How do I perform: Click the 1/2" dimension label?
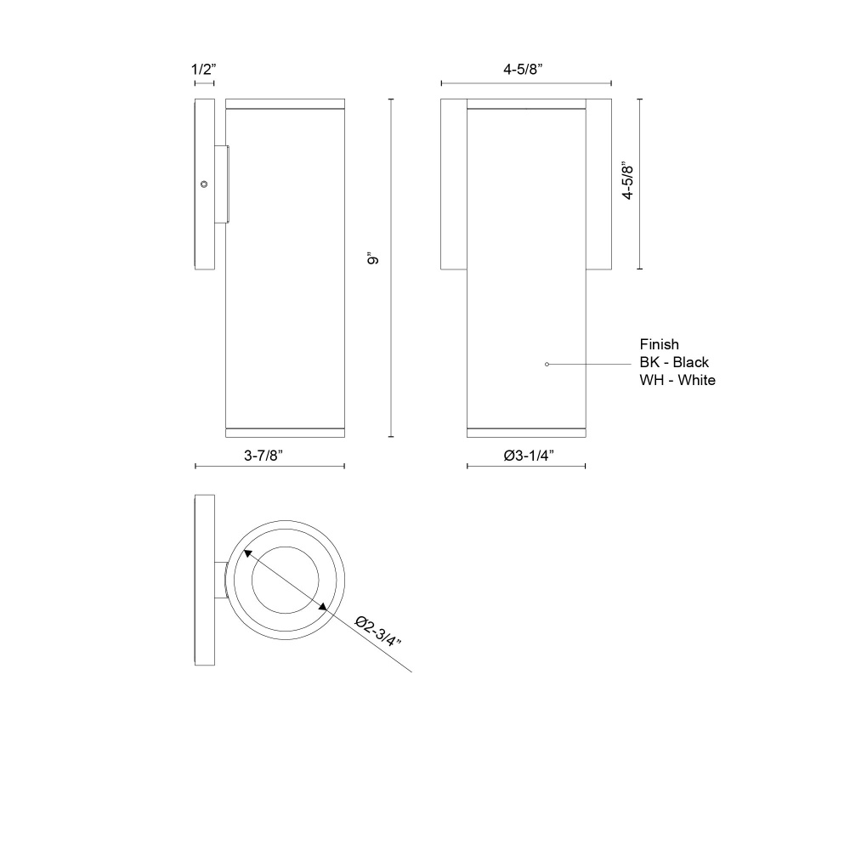pyautogui.click(x=204, y=70)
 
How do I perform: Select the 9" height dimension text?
pyautogui.click(x=373, y=258)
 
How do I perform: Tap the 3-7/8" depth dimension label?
pyautogui.click(x=263, y=456)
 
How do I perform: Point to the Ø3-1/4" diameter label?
pyautogui.click(x=529, y=456)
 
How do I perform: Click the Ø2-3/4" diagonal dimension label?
pyautogui.click(x=378, y=631)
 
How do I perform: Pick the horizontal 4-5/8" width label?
pyautogui.click(x=523, y=70)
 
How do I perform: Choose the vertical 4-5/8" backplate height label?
pyautogui.click(x=628, y=180)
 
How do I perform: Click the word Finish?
pyautogui.click(x=660, y=344)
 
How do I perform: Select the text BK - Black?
pyautogui.click(x=674, y=362)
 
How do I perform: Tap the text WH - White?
pyautogui.click(x=677, y=380)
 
